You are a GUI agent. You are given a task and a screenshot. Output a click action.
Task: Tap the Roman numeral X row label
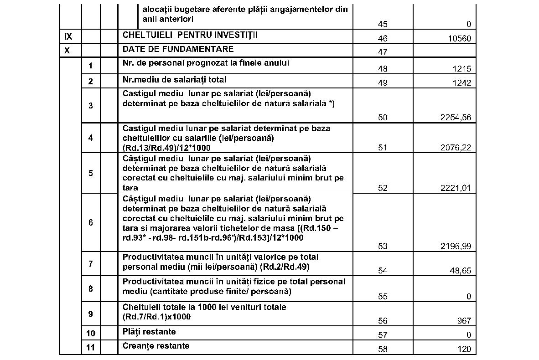point(67,50)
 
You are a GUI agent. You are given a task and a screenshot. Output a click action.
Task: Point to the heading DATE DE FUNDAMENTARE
point(178,49)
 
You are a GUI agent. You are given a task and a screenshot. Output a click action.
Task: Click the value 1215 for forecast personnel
point(462,69)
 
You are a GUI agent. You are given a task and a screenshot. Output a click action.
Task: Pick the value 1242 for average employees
point(462,83)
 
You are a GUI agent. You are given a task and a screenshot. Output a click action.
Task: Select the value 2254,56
point(456,118)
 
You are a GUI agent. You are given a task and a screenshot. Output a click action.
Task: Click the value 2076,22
point(456,148)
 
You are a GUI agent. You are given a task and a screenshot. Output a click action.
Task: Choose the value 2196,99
point(456,247)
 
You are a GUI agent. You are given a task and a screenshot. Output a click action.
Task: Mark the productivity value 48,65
point(460,271)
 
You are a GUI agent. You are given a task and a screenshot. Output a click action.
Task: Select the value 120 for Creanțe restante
point(464,350)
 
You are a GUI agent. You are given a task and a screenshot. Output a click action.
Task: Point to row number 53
point(383,247)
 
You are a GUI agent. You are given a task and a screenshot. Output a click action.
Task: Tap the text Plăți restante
point(149,332)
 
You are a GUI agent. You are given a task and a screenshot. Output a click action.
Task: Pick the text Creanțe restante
point(155,346)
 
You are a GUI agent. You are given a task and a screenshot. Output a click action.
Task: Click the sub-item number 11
point(90,348)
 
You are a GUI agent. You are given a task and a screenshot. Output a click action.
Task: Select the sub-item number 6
point(90,222)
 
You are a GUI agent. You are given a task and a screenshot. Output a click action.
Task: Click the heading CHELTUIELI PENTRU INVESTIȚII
point(190,35)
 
